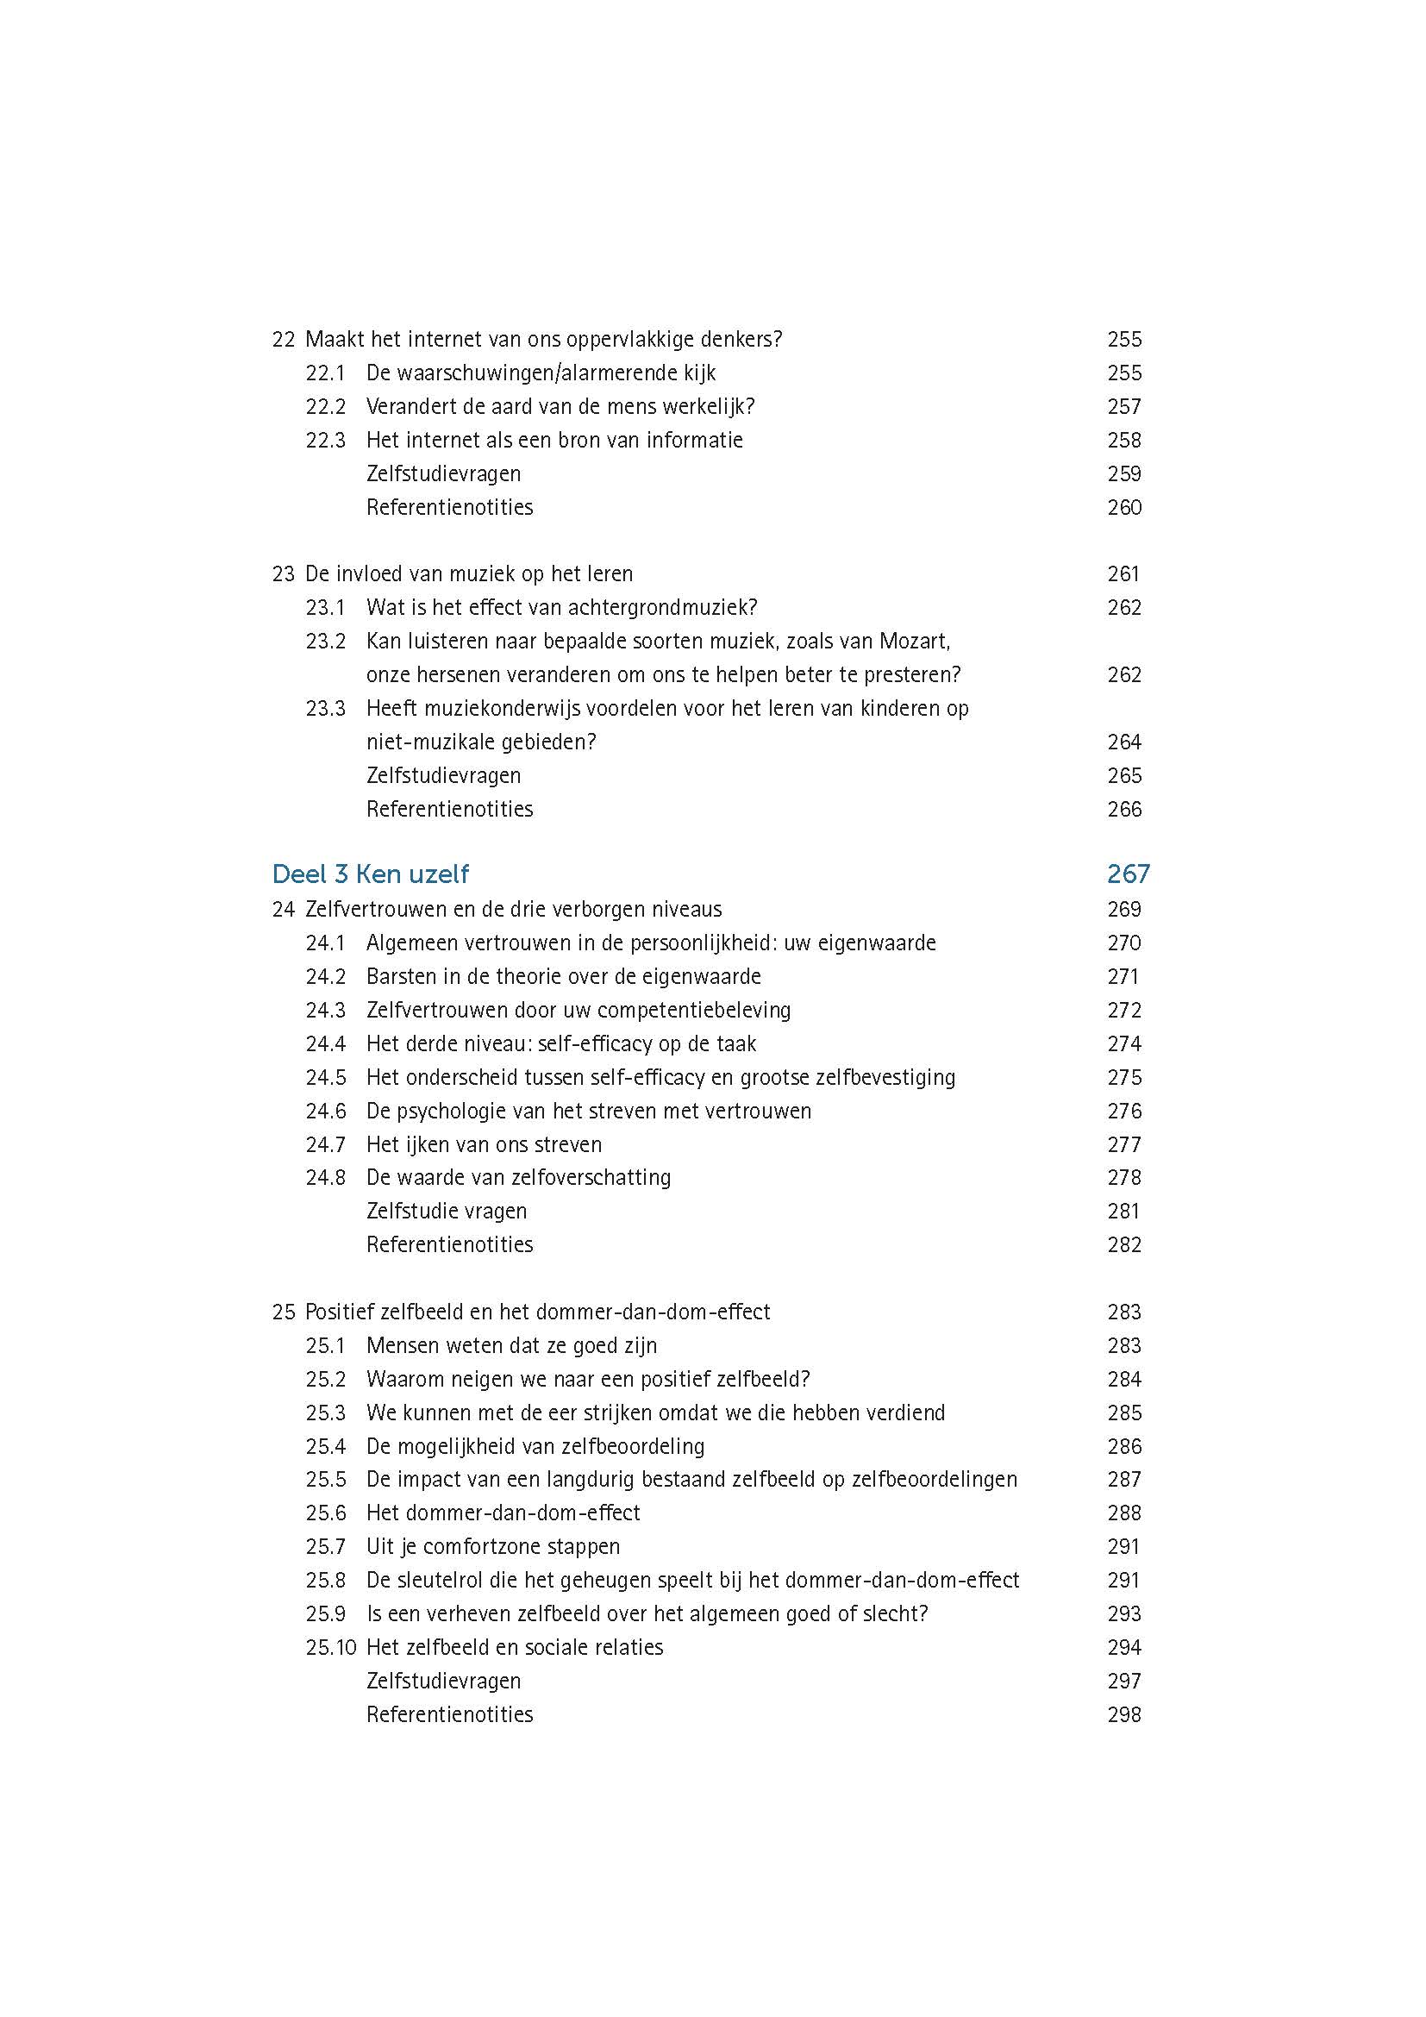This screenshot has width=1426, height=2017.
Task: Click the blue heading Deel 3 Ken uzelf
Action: (x=370, y=874)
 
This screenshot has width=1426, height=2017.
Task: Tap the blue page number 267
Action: (x=1128, y=874)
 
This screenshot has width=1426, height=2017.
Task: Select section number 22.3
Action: (x=325, y=440)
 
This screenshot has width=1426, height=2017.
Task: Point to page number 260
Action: (x=1124, y=508)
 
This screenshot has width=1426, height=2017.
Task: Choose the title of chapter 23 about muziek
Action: (x=468, y=574)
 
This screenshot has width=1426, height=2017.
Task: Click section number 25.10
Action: (x=330, y=1647)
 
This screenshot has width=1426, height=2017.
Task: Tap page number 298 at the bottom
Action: (x=1124, y=1714)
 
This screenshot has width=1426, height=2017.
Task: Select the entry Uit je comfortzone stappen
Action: (x=492, y=1546)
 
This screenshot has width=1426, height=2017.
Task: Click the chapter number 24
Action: (x=283, y=909)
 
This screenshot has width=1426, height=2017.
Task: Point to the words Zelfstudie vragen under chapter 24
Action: (x=446, y=1212)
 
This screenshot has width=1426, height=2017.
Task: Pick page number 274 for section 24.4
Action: (x=1124, y=1043)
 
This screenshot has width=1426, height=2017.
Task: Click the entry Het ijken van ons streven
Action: (x=484, y=1144)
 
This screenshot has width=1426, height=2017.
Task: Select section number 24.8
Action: (x=325, y=1177)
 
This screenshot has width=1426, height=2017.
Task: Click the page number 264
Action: (x=1124, y=742)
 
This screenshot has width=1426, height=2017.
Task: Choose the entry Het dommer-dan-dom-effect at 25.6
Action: (x=503, y=1513)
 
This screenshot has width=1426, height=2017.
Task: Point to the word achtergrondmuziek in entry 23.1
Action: (x=662, y=608)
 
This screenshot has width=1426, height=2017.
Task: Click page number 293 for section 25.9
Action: (x=1124, y=1613)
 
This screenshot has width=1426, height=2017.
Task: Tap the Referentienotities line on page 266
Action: (x=449, y=809)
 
